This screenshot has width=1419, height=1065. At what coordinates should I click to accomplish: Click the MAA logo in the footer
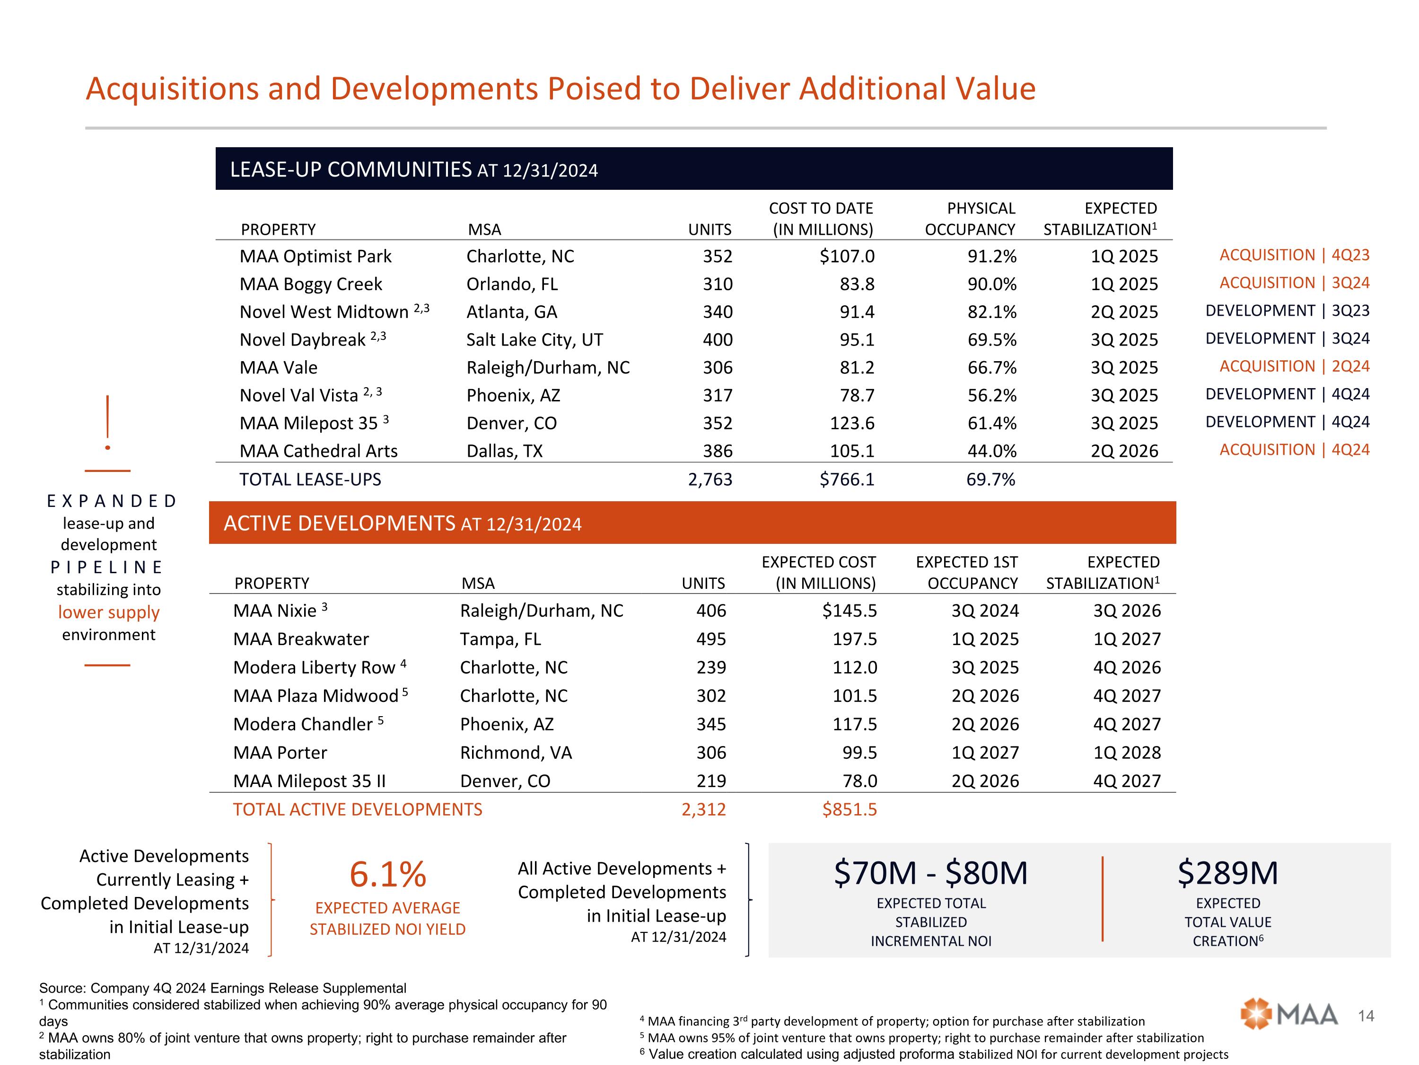pos(1289,1015)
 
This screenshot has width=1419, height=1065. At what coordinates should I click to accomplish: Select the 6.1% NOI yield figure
pos(387,874)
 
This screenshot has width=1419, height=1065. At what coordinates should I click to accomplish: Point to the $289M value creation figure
pos(1227,873)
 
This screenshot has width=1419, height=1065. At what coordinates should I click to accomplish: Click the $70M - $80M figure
pos(930,873)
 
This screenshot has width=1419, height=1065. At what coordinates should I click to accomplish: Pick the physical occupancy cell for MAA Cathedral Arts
pos(992,451)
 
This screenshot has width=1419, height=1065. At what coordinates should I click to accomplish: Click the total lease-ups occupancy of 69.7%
pos(990,479)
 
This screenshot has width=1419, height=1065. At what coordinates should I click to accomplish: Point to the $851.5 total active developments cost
pos(850,809)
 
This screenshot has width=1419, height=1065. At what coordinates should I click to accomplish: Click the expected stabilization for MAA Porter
pos(1127,753)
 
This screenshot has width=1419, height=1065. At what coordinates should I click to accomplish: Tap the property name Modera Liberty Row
pos(315,667)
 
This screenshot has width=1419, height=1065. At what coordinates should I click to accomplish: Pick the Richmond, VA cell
pos(516,753)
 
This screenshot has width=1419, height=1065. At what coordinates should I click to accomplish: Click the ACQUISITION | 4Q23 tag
pos(1294,255)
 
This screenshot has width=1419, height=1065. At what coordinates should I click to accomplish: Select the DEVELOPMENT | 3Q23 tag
pos(1287,311)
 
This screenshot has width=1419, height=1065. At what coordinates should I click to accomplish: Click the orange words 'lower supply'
pos(108,612)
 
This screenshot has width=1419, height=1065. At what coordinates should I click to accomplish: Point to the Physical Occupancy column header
pos(970,219)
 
